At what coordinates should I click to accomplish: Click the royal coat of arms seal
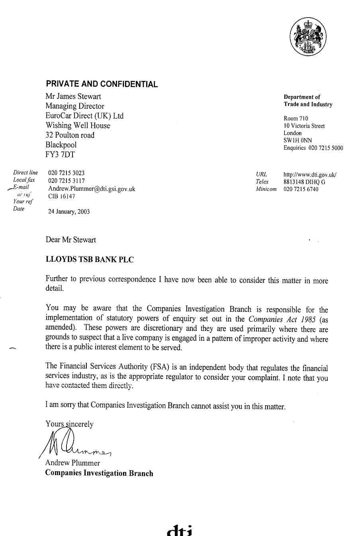coord(308,37)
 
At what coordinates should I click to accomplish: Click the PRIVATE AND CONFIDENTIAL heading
coord(102,84)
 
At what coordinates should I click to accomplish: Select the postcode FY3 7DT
coord(60,155)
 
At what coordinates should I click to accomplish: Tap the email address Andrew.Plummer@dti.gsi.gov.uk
coord(92,189)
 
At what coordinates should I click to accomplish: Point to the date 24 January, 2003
coord(69,211)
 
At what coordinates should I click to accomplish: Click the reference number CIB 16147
coord(61,196)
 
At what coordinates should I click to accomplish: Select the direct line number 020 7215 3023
coord(66,173)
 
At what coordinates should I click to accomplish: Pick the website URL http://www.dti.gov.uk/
coord(310,174)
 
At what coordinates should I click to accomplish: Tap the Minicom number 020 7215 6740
coord(301,189)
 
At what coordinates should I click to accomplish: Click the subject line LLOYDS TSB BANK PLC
coord(90,260)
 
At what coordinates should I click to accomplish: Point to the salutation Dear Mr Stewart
coord(71,240)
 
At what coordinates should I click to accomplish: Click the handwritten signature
coord(74,444)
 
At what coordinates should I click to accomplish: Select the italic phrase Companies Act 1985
coord(282,319)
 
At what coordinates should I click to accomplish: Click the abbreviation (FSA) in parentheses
coord(160,367)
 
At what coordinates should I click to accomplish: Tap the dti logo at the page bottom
coord(180,530)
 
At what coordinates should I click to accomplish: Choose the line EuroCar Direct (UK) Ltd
coord(84,116)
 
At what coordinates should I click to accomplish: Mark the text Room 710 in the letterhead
coord(295,118)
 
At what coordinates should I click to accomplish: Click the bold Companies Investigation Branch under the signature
coord(99,473)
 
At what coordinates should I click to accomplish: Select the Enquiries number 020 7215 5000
coord(325,148)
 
